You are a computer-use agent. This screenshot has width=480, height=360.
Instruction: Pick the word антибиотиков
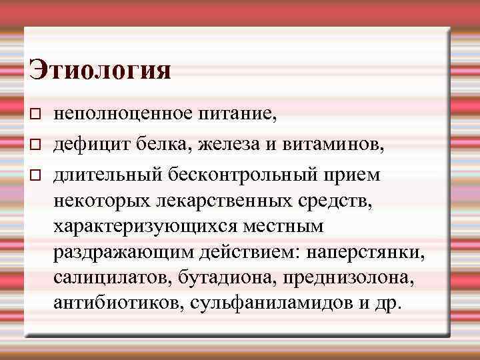coord(119,303)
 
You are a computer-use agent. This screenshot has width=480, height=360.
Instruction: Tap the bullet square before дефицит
coord(37,143)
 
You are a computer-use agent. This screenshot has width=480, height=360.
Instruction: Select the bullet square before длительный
coord(37,174)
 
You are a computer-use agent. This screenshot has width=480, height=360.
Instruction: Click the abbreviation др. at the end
coord(389,305)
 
